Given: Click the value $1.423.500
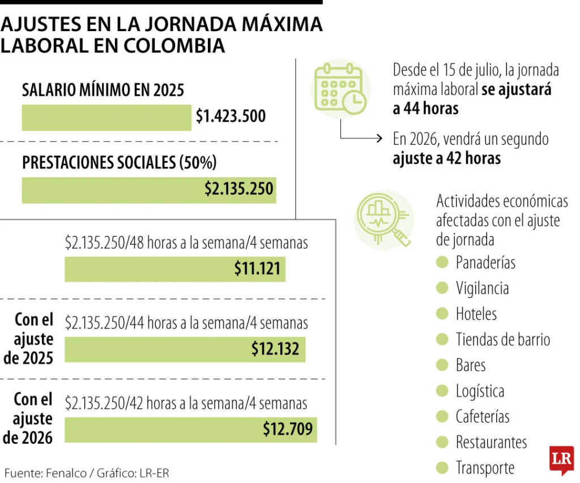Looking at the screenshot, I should pyautogui.click(x=231, y=117).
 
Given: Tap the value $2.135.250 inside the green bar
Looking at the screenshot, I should pyautogui.click(x=239, y=189).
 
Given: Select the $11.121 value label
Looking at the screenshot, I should pyautogui.click(x=257, y=268).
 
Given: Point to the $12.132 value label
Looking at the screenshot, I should pyautogui.click(x=275, y=349).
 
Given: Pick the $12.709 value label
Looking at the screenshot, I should pyautogui.click(x=287, y=429).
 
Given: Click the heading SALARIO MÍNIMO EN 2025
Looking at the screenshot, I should pyautogui.click(x=103, y=90).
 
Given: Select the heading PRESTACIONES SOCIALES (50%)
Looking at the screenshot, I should pyautogui.click(x=119, y=163).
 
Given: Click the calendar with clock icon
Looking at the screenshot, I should pyautogui.click(x=340, y=88).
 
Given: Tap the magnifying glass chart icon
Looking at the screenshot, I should pyautogui.click(x=382, y=220).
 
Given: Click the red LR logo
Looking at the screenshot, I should pyautogui.click(x=561, y=459).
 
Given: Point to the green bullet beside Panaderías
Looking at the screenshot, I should pyautogui.click(x=442, y=262).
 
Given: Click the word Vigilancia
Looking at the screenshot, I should pyautogui.click(x=482, y=288).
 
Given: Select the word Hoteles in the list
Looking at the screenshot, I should pyautogui.click(x=476, y=314).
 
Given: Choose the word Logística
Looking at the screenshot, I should pyautogui.click(x=480, y=391).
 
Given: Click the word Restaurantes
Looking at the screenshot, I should pyautogui.click(x=491, y=442).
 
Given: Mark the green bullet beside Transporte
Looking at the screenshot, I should pyautogui.click(x=442, y=468).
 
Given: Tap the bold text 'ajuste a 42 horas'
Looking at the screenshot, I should pyautogui.click(x=446, y=159).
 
